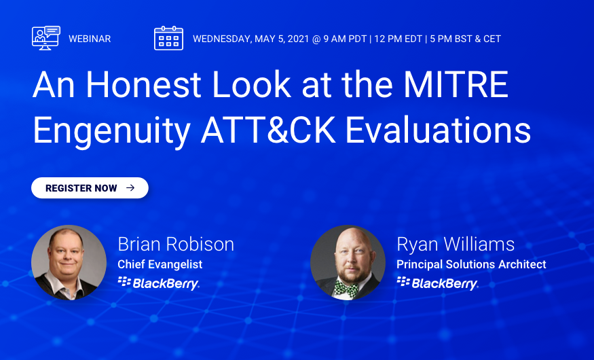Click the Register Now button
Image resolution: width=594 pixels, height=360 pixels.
(90, 188)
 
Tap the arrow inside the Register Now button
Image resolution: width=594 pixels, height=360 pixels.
(130, 188)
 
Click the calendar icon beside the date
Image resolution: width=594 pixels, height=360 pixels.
(168, 38)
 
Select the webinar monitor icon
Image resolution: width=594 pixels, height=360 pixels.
(46, 38)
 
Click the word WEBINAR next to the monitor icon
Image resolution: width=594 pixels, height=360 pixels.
(90, 39)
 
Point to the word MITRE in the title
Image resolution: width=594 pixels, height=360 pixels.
(456, 84)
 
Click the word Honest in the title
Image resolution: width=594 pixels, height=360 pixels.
(143, 84)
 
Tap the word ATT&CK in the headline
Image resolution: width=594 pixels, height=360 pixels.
(268, 130)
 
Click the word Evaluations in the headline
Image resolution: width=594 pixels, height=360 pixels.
(438, 130)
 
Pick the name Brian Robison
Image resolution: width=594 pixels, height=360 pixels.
(176, 244)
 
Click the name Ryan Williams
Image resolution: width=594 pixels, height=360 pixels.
(456, 245)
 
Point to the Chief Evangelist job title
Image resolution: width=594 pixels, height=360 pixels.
(160, 264)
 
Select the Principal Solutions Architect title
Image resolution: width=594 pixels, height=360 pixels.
(471, 264)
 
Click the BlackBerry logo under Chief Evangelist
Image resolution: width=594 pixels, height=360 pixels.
(158, 283)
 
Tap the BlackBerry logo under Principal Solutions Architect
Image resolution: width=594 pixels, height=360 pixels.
(438, 283)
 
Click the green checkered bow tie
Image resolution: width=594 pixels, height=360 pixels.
(346, 288)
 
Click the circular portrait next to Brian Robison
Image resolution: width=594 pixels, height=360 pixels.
(69, 263)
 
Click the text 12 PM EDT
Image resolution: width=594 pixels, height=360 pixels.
(398, 39)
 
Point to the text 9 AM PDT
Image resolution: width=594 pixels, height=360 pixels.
(345, 39)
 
